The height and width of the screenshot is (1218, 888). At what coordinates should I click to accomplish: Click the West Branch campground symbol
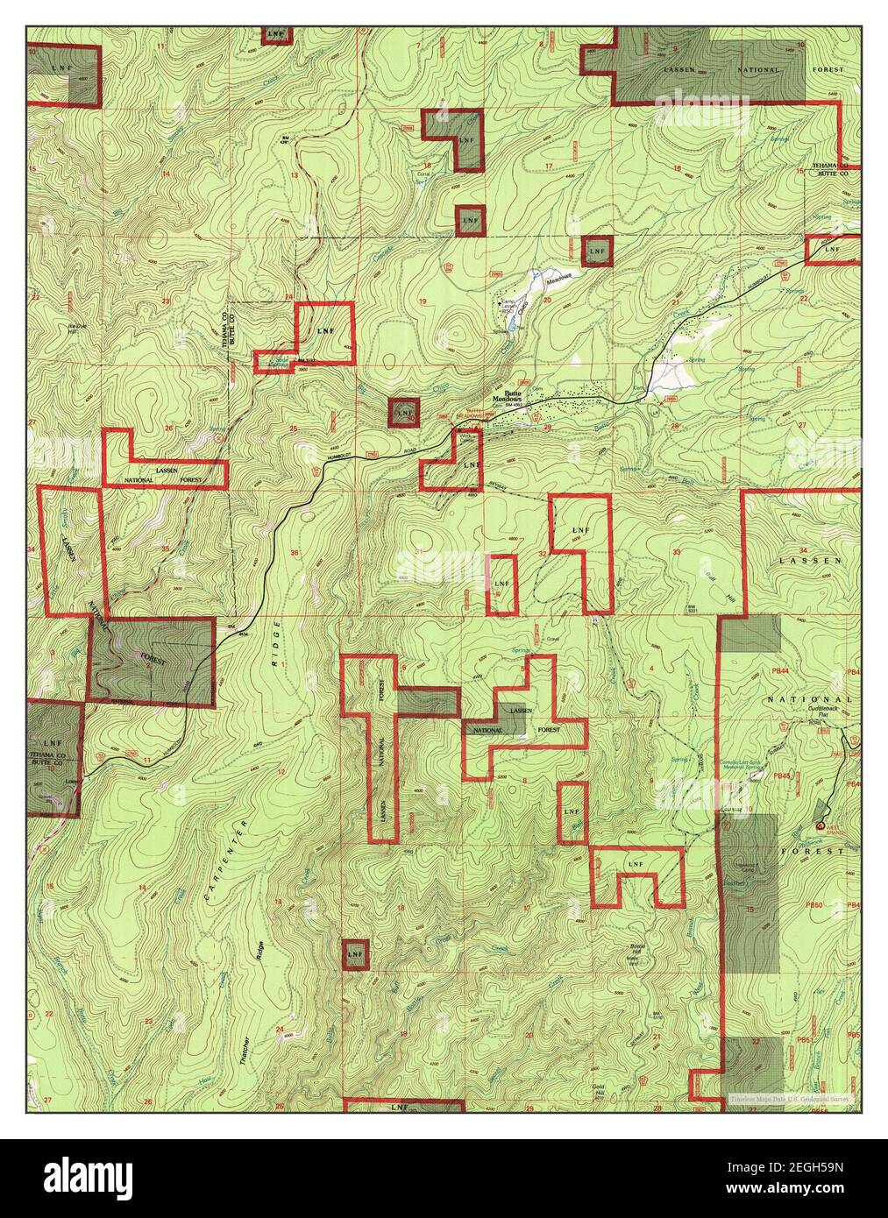821,825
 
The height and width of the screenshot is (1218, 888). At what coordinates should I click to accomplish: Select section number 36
295,553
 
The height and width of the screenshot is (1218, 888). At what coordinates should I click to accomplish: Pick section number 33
677,552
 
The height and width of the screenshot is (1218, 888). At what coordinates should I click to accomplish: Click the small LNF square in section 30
404,411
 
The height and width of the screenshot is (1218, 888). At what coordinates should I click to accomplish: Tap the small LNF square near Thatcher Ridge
354,953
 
